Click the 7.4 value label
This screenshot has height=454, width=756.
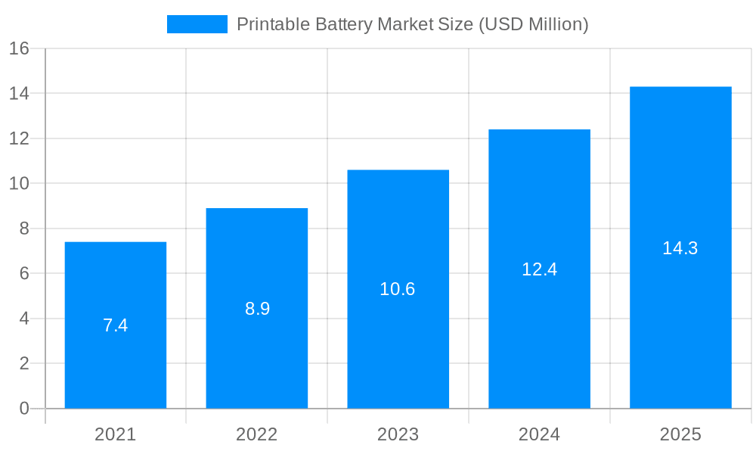(116, 325)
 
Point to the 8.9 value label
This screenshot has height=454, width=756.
(257, 309)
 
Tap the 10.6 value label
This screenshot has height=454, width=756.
(398, 289)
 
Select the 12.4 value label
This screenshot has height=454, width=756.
(539, 269)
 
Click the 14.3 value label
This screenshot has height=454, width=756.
(680, 248)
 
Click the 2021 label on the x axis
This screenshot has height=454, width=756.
(116, 434)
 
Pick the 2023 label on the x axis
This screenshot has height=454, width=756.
(398, 434)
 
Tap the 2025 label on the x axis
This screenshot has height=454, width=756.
(680, 434)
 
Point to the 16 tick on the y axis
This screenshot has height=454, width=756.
(19, 48)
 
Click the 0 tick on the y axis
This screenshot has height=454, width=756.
(23, 409)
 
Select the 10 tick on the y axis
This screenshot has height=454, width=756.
(19, 184)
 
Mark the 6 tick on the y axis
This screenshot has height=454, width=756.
(23, 273)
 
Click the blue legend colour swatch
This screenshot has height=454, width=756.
(197, 24)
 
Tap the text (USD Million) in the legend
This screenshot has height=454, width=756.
(533, 24)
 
